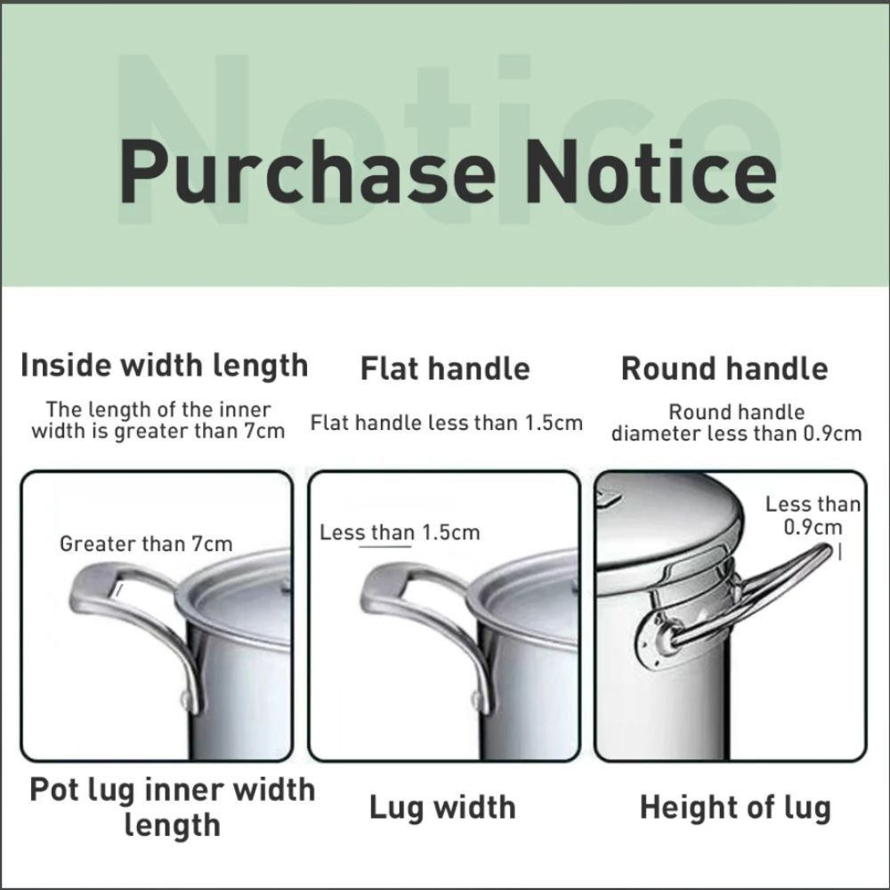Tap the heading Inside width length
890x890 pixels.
(x=164, y=367)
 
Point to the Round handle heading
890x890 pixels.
(x=724, y=368)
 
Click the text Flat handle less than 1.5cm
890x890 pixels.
(x=447, y=423)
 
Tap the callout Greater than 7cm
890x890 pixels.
(x=146, y=544)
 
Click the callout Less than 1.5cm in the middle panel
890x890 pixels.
(x=400, y=532)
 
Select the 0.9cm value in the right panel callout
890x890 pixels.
(x=813, y=527)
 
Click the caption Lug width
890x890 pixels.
(x=442, y=808)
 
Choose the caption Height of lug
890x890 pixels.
(x=735, y=808)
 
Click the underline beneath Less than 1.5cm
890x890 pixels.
(x=385, y=546)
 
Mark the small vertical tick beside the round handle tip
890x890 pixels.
(x=839, y=553)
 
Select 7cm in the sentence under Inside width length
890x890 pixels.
(x=264, y=432)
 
